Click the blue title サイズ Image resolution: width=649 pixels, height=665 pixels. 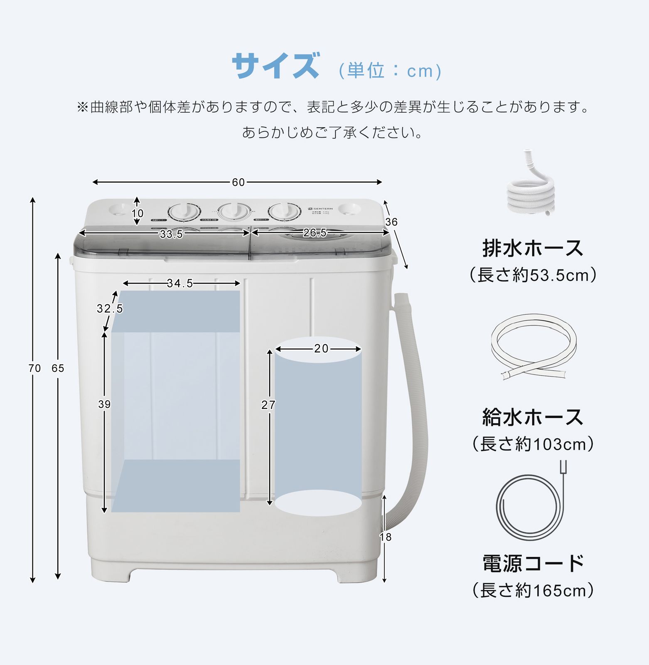pos(276,66)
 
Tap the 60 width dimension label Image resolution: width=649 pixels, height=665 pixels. pos(238,182)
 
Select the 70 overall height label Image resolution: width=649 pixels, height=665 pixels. pos(34,368)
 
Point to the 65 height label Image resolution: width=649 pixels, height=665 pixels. pos(58,368)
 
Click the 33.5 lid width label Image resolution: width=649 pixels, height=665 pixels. pos(171,234)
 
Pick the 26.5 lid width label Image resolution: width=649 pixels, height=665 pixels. pos(315,233)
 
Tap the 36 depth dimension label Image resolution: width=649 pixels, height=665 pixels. pos(391,222)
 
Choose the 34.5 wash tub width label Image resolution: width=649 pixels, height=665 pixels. pos(180,283)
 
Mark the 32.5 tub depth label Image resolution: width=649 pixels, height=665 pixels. pos(110,308)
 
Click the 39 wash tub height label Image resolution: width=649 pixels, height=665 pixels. pos(104,404)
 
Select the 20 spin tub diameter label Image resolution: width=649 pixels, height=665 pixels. pos(321,349)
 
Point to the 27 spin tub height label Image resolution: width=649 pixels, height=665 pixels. pos(268,405)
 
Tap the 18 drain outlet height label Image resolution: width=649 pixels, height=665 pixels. pos(386,537)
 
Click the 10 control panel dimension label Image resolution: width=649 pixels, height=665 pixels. pos(138,213)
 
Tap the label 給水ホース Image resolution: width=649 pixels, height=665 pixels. pos(533,417)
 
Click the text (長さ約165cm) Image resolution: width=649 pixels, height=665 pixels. pos(533,591)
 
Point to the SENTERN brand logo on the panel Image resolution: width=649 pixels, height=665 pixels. pos(320,209)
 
